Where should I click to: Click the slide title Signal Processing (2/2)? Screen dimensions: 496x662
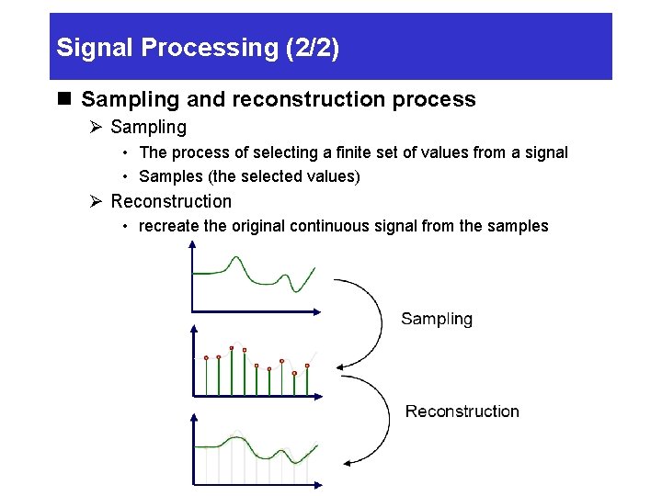pyautogui.click(x=198, y=48)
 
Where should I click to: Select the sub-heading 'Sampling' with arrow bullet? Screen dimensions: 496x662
pyautogui.click(x=148, y=128)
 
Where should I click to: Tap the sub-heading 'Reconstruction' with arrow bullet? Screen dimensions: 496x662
pyautogui.click(x=171, y=201)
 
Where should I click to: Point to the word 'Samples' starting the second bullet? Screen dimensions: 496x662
pyautogui.click(x=167, y=176)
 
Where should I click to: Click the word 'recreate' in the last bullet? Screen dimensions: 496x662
pyautogui.click(x=168, y=226)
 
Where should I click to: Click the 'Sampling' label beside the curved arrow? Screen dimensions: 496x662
pyautogui.click(x=437, y=319)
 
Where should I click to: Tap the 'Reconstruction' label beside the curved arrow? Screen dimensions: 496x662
pyautogui.click(x=462, y=411)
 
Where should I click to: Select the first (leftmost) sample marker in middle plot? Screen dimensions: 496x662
pyautogui.click(x=206, y=357)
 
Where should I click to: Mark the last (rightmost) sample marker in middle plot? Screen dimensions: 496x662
pyautogui.click(x=307, y=366)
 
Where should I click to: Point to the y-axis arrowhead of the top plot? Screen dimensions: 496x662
pyautogui.click(x=191, y=245)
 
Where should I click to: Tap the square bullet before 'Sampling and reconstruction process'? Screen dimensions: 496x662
pyautogui.click(x=63, y=99)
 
